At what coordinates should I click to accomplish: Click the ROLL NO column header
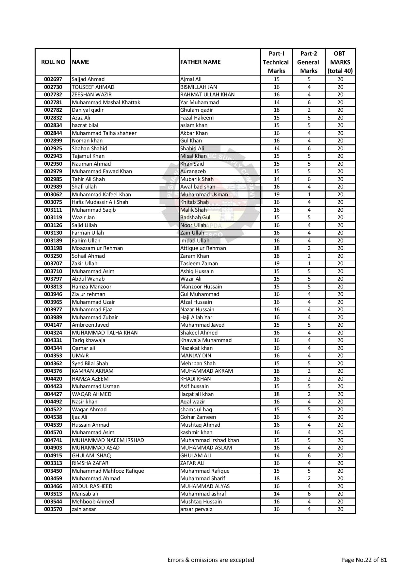[53, 62]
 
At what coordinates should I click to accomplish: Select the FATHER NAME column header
[200, 62]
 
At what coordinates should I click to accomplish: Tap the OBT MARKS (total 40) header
[340, 62]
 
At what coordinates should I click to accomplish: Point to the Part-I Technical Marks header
[276, 62]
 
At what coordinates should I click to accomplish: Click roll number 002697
[53, 79]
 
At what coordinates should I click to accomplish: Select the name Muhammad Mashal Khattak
[106, 102]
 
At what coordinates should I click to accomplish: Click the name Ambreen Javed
[90, 325]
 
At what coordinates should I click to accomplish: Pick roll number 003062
[53, 194]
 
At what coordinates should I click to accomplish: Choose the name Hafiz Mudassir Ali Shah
[100, 202]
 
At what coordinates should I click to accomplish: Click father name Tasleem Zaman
[199, 264]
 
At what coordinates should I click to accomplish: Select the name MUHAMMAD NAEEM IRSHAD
[108, 440]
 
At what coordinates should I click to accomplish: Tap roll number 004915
[53, 455]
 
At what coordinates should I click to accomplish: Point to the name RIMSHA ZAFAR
[90, 463]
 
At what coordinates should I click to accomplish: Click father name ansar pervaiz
[196, 509]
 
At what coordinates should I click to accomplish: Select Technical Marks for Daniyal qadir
[276, 110]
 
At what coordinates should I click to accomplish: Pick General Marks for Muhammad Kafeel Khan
[309, 194]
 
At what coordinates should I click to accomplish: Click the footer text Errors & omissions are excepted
[211, 560]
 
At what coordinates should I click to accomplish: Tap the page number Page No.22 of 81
[364, 560]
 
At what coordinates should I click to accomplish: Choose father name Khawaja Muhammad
[206, 340]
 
